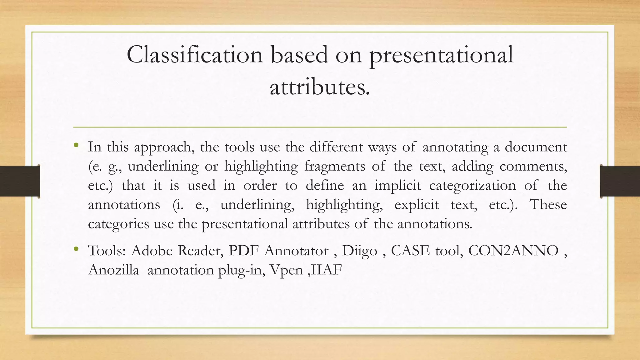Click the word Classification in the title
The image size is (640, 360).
[195, 55]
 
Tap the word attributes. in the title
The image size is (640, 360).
[320, 87]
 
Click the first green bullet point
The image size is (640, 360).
[76, 145]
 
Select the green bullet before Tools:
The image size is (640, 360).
[76, 249]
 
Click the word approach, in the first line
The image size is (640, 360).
[164, 147]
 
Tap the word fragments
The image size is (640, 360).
[334, 166]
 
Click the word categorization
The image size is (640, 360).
[472, 186]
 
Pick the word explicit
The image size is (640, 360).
[417, 205]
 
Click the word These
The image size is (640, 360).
[548, 205]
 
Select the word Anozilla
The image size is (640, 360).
[113, 270]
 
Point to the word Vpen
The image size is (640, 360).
[286, 270]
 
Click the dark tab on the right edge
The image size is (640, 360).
[620, 181]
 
